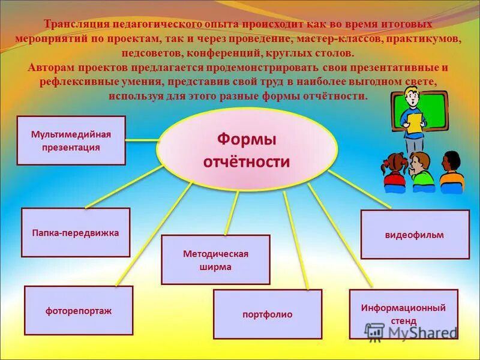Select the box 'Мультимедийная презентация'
[71, 140]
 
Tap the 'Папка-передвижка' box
[76, 233]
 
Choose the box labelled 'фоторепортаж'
[79, 311]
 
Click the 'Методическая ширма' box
[215, 260]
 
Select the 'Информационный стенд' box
[403, 313]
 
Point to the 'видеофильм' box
[415, 235]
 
